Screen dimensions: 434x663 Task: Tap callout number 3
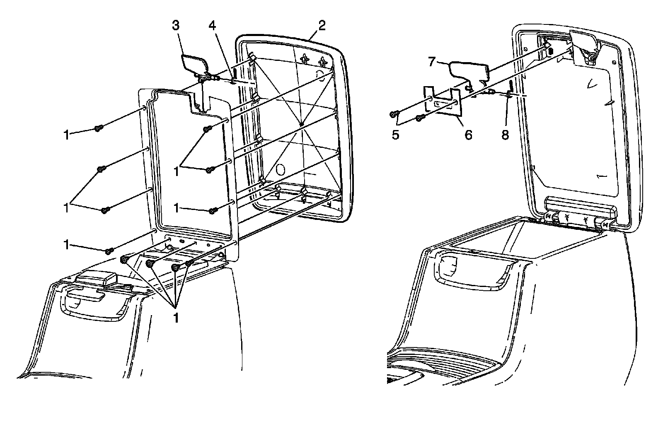pos(176,26)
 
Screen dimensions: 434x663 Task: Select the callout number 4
pos(212,26)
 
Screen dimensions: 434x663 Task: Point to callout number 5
pos(395,135)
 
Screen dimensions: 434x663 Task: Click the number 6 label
pos(468,135)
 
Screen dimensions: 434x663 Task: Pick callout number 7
pos(432,62)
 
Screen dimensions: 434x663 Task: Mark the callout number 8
pos(505,135)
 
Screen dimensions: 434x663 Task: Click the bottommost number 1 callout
pos(176,318)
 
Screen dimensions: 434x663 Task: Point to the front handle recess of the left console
pos(94,305)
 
